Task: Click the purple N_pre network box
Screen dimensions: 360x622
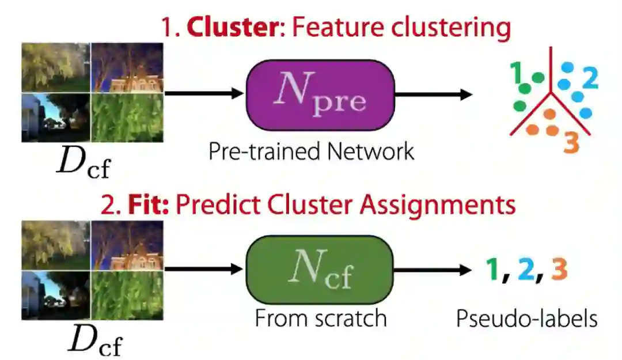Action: pyautogui.click(x=320, y=95)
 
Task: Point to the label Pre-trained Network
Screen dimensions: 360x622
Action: pyautogui.click(x=311, y=151)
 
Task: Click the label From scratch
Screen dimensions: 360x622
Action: pyautogui.click(x=320, y=318)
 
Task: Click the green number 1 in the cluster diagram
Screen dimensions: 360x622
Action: pyautogui.click(x=516, y=73)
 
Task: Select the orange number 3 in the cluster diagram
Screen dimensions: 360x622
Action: pyautogui.click(x=570, y=143)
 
